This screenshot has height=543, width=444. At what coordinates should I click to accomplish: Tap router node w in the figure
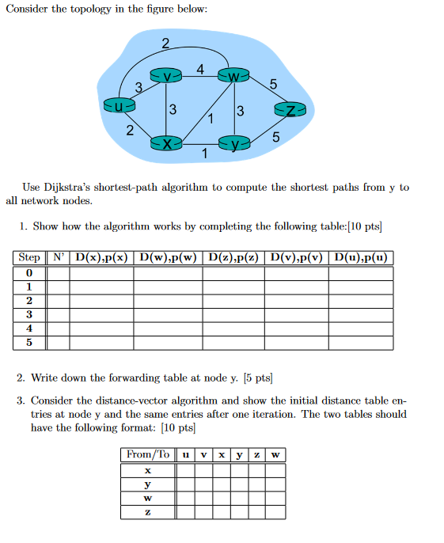(235, 77)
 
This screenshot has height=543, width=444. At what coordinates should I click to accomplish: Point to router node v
(167, 76)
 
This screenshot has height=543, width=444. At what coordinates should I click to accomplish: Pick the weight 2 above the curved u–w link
(165, 42)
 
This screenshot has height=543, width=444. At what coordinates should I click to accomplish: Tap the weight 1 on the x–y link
(204, 154)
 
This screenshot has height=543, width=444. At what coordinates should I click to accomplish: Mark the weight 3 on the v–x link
(173, 108)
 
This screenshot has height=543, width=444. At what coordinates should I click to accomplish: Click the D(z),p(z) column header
(234, 257)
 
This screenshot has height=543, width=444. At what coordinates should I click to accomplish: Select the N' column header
(59, 257)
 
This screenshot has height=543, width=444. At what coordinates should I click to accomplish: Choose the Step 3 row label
(29, 314)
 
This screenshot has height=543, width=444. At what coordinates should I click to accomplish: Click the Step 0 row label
(29, 273)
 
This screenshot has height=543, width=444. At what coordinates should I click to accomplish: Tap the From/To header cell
(148, 454)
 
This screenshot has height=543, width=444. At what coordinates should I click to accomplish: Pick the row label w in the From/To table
(148, 498)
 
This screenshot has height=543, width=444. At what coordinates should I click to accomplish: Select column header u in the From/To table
(185, 454)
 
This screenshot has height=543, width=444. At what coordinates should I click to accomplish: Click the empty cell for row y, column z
(256, 484)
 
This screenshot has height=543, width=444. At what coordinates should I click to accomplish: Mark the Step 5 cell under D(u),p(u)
(361, 343)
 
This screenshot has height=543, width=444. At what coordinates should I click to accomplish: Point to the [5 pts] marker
(258, 378)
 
